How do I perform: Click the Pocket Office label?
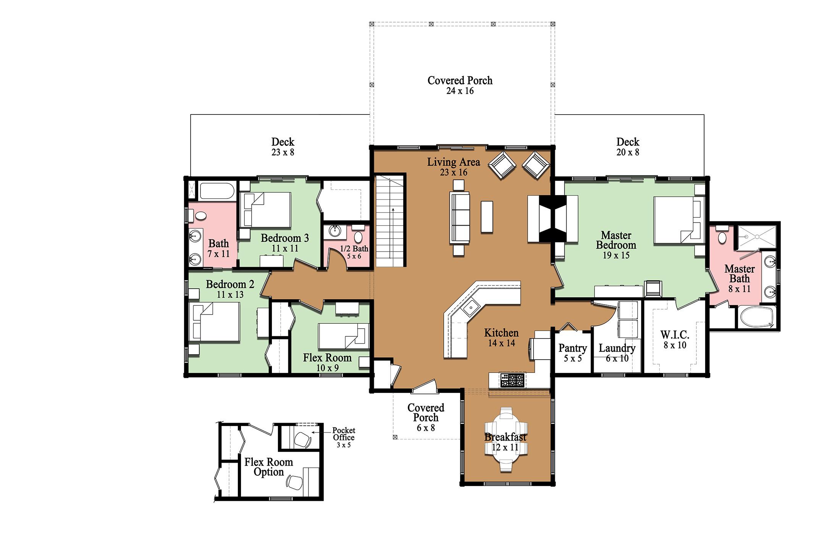pyautogui.click(x=344, y=434)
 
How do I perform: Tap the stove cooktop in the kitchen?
pyautogui.click(x=513, y=380)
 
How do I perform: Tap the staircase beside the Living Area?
pyautogui.click(x=390, y=220)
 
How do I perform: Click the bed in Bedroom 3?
pyautogui.click(x=266, y=210)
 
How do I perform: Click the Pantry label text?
pyautogui.click(x=573, y=348)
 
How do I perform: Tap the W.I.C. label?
pyautogui.click(x=675, y=335)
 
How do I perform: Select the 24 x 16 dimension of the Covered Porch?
pyautogui.click(x=460, y=91)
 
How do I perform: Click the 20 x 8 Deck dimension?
pyautogui.click(x=628, y=152)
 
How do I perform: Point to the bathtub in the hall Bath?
pyautogui.click(x=216, y=190)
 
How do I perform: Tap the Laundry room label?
pyautogui.click(x=617, y=348)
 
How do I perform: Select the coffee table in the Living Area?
pyautogui.click(x=487, y=216)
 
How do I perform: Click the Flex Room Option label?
pyautogui.click(x=269, y=467)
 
